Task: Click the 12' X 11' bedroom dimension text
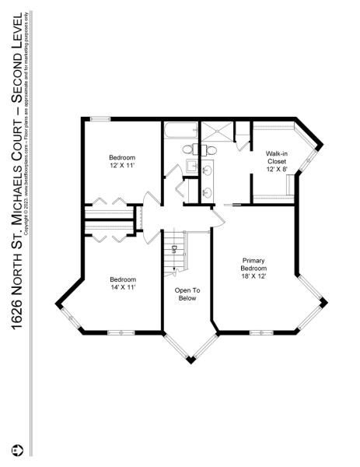(x=123, y=165)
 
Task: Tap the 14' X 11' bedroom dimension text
(x=123, y=287)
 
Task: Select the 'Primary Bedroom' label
(x=253, y=265)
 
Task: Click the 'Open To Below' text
(x=187, y=293)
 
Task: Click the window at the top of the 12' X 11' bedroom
(x=100, y=118)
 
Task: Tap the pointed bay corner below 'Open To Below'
(x=190, y=360)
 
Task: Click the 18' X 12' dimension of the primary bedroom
(x=253, y=277)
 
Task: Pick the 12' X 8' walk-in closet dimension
(x=277, y=169)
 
